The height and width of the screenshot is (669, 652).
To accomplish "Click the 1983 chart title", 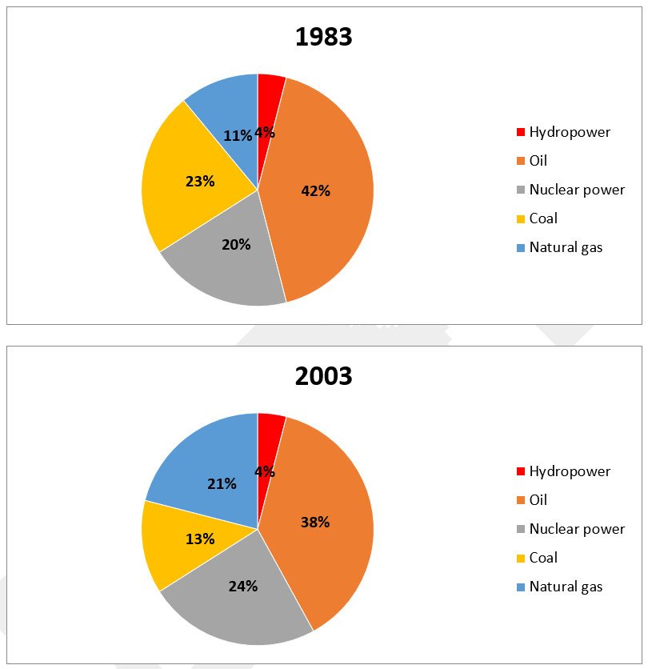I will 324,37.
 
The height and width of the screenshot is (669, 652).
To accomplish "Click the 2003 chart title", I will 324,375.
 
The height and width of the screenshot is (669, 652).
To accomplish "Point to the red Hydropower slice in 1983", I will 270,92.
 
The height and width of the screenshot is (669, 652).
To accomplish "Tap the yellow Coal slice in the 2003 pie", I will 172,544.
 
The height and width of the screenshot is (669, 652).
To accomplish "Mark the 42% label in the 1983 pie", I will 315,191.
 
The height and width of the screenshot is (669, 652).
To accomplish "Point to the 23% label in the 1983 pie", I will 200,182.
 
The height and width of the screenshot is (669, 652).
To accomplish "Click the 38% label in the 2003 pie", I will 315,523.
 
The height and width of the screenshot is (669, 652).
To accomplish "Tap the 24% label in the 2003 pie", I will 242,587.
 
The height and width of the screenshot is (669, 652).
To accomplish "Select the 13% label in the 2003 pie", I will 200,539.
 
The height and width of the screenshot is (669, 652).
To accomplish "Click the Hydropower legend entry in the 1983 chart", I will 569,132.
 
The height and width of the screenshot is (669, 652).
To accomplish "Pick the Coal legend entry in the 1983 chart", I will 543,218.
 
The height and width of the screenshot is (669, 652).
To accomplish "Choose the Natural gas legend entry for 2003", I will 566,587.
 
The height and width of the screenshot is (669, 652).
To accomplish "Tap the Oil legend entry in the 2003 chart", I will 538,500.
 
